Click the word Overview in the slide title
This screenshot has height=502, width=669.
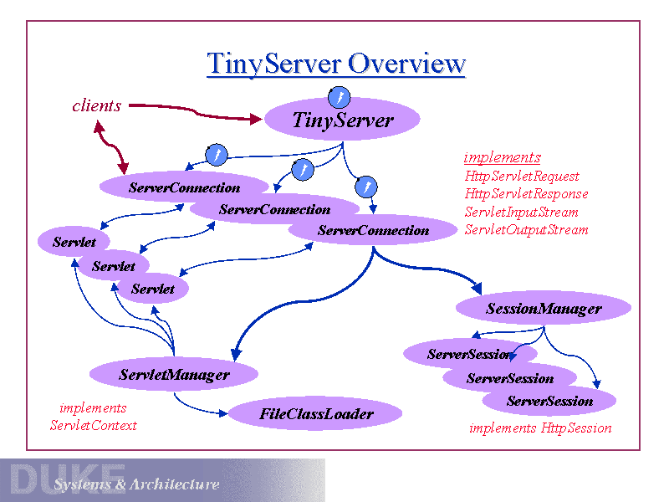pyautogui.click(x=406, y=64)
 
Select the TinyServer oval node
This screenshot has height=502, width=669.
pyautogui.click(x=342, y=120)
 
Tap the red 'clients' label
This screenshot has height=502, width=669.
pyautogui.click(x=97, y=105)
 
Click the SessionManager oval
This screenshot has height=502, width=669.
pyautogui.click(x=544, y=309)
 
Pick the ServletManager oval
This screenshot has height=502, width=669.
pyautogui.click(x=174, y=375)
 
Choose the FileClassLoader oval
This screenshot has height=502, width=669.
pyautogui.click(x=316, y=413)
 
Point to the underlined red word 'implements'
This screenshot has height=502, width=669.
pyautogui.click(x=503, y=157)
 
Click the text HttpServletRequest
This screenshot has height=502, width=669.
pyautogui.click(x=522, y=177)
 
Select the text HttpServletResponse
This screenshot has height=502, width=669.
pyautogui.click(x=527, y=194)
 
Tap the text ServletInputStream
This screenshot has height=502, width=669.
pyautogui.click(x=522, y=212)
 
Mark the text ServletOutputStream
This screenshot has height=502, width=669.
pyautogui.click(x=527, y=229)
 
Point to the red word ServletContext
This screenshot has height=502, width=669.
pyautogui.click(x=93, y=425)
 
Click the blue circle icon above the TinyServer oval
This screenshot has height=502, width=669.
pyautogui.click(x=339, y=97)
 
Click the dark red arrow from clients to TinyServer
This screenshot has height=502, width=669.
pyautogui.click(x=192, y=111)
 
